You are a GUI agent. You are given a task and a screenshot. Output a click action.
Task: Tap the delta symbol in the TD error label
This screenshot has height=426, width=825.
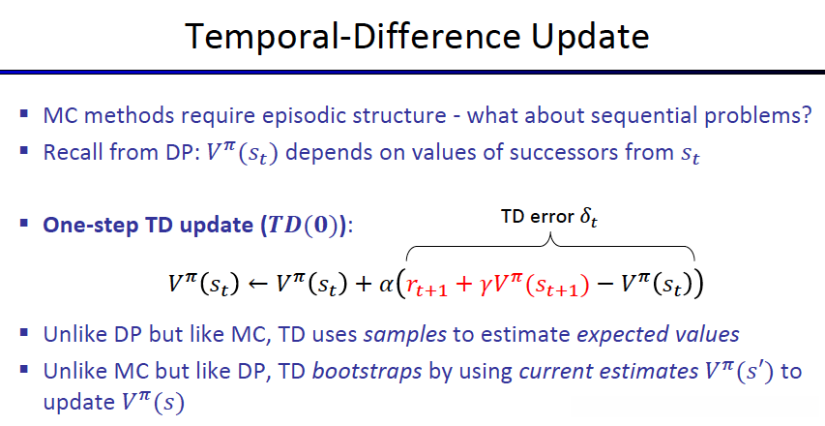point(589,217)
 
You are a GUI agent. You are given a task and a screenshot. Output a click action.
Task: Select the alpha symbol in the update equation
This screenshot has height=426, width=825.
point(386,285)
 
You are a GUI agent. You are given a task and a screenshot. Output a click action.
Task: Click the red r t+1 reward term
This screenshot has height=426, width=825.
point(427,287)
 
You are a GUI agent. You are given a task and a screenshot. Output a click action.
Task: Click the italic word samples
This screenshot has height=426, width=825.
point(405,335)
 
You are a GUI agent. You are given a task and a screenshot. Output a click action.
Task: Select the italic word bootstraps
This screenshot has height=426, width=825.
point(368,372)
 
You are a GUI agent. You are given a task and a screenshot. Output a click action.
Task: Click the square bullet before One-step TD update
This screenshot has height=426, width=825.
point(23,223)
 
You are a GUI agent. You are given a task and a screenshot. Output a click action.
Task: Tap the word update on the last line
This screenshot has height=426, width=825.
point(79,403)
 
